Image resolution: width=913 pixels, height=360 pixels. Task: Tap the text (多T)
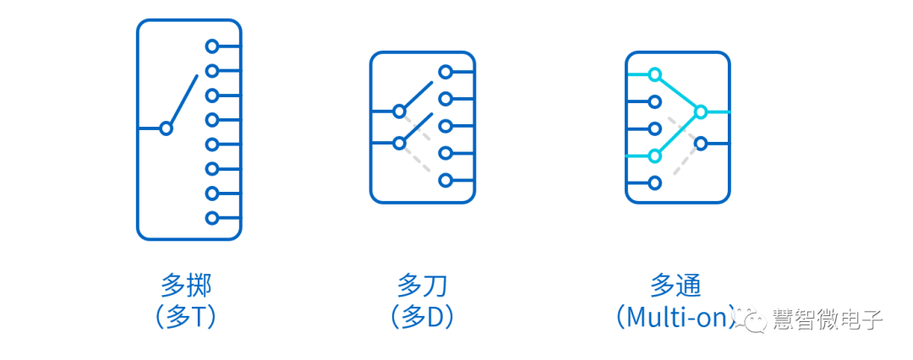tap(186, 316)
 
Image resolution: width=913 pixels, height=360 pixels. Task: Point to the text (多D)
tap(423, 316)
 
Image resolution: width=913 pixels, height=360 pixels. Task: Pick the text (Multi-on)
tap(676, 316)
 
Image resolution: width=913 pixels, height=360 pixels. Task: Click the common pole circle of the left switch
tap(167, 128)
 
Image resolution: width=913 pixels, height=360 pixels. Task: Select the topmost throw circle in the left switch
tap(212, 46)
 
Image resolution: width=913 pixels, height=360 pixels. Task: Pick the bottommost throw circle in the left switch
tap(212, 218)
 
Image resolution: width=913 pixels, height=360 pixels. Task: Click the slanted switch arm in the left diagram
tap(183, 100)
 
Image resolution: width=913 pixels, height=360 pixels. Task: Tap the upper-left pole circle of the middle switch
tap(400, 111)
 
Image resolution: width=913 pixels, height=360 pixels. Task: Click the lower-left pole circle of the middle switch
tap(400, 143)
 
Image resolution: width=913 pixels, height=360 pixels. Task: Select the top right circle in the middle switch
tap(446, 73)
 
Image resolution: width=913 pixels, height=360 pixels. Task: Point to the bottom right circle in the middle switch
tap(446, 180)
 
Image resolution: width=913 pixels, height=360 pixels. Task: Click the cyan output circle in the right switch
tap(700, 112)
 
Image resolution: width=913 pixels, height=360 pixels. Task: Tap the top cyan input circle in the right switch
tap(654, 74)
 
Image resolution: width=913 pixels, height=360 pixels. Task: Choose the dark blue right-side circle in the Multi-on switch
tap(700, 144)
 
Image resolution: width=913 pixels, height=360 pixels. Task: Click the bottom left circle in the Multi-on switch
tap(654, 183)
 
